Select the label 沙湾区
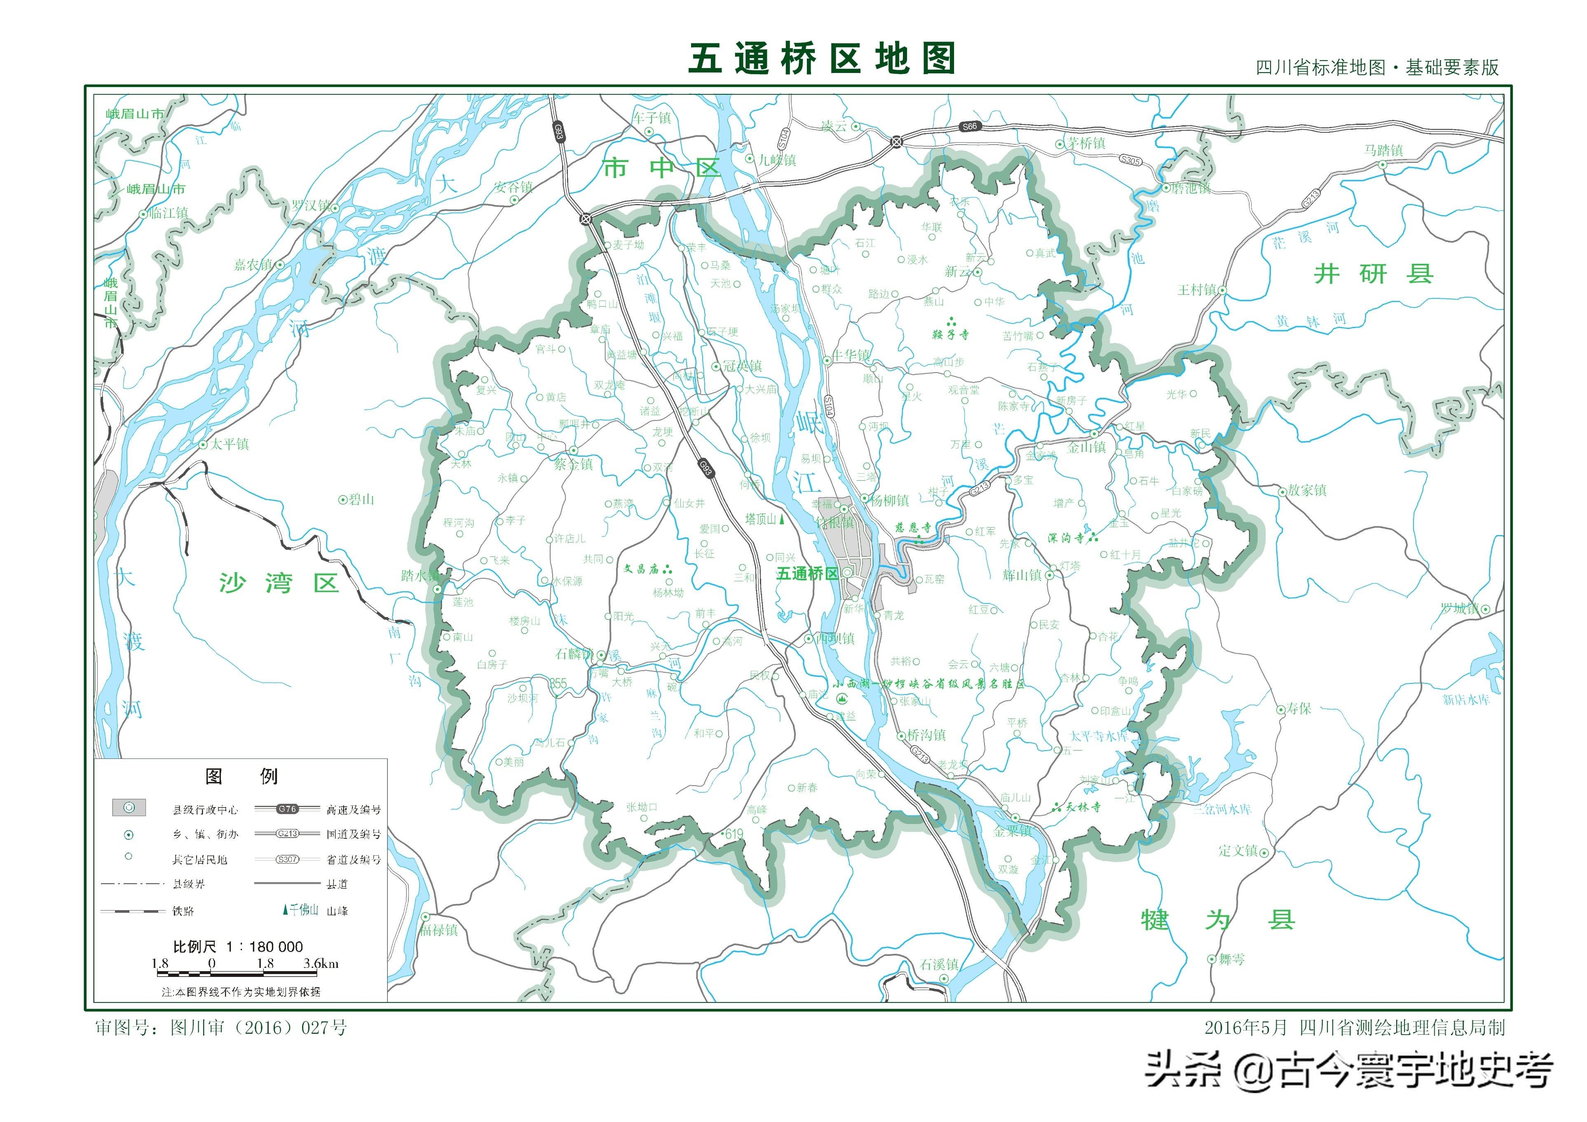279,583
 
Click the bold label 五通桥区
806,573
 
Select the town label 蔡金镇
573,464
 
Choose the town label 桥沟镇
926,735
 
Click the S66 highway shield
970,127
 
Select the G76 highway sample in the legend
287,809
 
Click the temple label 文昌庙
642,569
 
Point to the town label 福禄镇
438,930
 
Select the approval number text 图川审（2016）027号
258,1027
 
